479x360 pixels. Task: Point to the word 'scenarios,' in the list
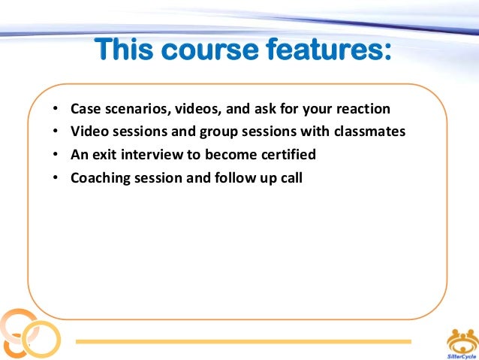tap(135, 110)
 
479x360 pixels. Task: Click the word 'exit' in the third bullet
tap(104, 156)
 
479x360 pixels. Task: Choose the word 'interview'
tap(149, 156)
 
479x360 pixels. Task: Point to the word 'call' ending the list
tap(290, 179)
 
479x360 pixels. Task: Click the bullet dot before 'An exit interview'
tap(56, 156)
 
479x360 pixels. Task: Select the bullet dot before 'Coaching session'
tap(56, 180)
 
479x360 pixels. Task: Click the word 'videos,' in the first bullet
tap(191, 110)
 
